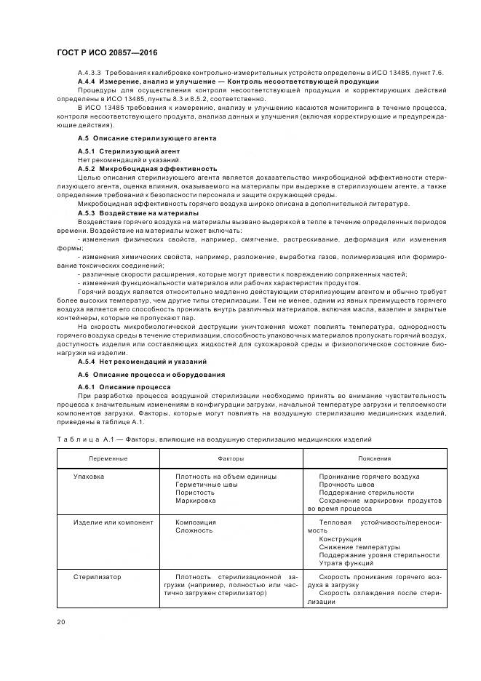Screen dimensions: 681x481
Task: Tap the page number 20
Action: pyautogui.click(x=60, y=621)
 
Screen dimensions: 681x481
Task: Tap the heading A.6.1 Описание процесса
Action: pyautogui.click(x=124, y=386)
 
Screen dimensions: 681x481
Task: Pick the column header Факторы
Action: pyautogui.click(x=231, y=459)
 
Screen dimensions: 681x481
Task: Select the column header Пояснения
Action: pyautogui.click(x=375, y=459)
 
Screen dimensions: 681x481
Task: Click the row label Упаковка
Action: pyautogui.click(x=89, y=477)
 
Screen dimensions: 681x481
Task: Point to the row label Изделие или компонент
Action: pyautogui.click(x=113, y=522)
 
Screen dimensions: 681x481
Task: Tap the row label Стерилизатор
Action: pyautogui.click(x=97, y=576)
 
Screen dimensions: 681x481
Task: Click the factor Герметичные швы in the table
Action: pyautogui.click(x=206, y=485)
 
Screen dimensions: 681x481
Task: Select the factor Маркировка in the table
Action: pyautogui.click(x=196, y=501)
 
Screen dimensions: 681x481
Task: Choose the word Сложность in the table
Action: pyautogui.click(x=194, y=530)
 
